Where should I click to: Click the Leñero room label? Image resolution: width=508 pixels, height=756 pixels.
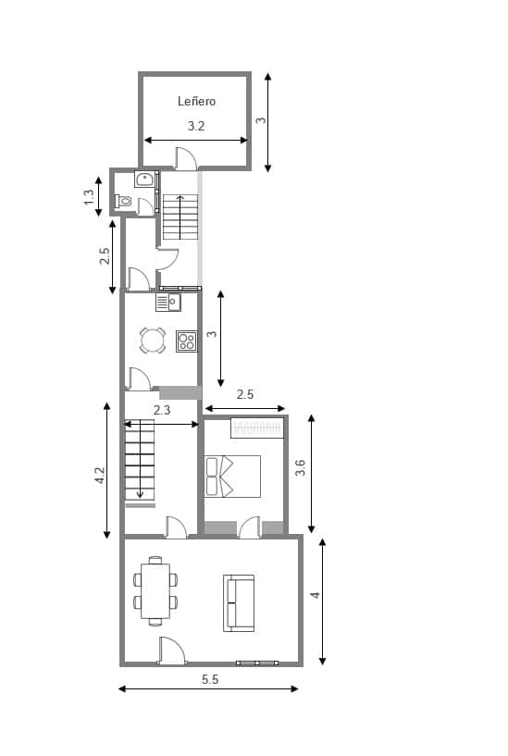click(x=196, y=102)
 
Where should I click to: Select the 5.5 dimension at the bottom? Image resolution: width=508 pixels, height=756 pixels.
click(x=209, y=679)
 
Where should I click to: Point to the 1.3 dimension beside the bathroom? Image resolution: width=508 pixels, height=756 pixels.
click(x=89, y=196)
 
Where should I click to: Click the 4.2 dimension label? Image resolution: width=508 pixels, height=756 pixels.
click(x=100, y=476)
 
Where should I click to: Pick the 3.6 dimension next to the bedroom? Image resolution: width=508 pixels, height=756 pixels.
click(x=300, y=469)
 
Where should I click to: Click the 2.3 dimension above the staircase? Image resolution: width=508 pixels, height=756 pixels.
click(x=162, y=410)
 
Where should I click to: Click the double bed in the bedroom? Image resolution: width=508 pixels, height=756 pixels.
click(x=232, y=476)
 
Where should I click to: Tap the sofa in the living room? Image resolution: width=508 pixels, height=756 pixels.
click(x=239, y=602)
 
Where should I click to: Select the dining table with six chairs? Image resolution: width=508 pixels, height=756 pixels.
click(x=155, y=589)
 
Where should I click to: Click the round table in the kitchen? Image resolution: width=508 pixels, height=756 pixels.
click(x=153, y=341)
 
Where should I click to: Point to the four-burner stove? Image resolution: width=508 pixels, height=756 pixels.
click(x=187, y=341)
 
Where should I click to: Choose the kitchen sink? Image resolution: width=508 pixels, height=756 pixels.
click(x=167, y=302)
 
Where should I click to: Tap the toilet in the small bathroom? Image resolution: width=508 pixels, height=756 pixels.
click(x=124, y=200)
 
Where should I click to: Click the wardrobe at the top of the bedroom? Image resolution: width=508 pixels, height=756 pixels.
click(x=256, y=428)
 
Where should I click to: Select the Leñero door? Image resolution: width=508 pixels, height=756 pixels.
click(x=186, y=159)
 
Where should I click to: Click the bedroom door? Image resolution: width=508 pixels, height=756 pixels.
click(x=249, y=527)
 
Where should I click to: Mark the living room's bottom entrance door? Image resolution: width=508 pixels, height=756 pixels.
click(x=171, y=651)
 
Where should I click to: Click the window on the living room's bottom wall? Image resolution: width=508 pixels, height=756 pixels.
click(x=256, y=663)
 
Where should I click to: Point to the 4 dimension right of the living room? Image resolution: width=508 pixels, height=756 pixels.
click(x=316, y=595)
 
